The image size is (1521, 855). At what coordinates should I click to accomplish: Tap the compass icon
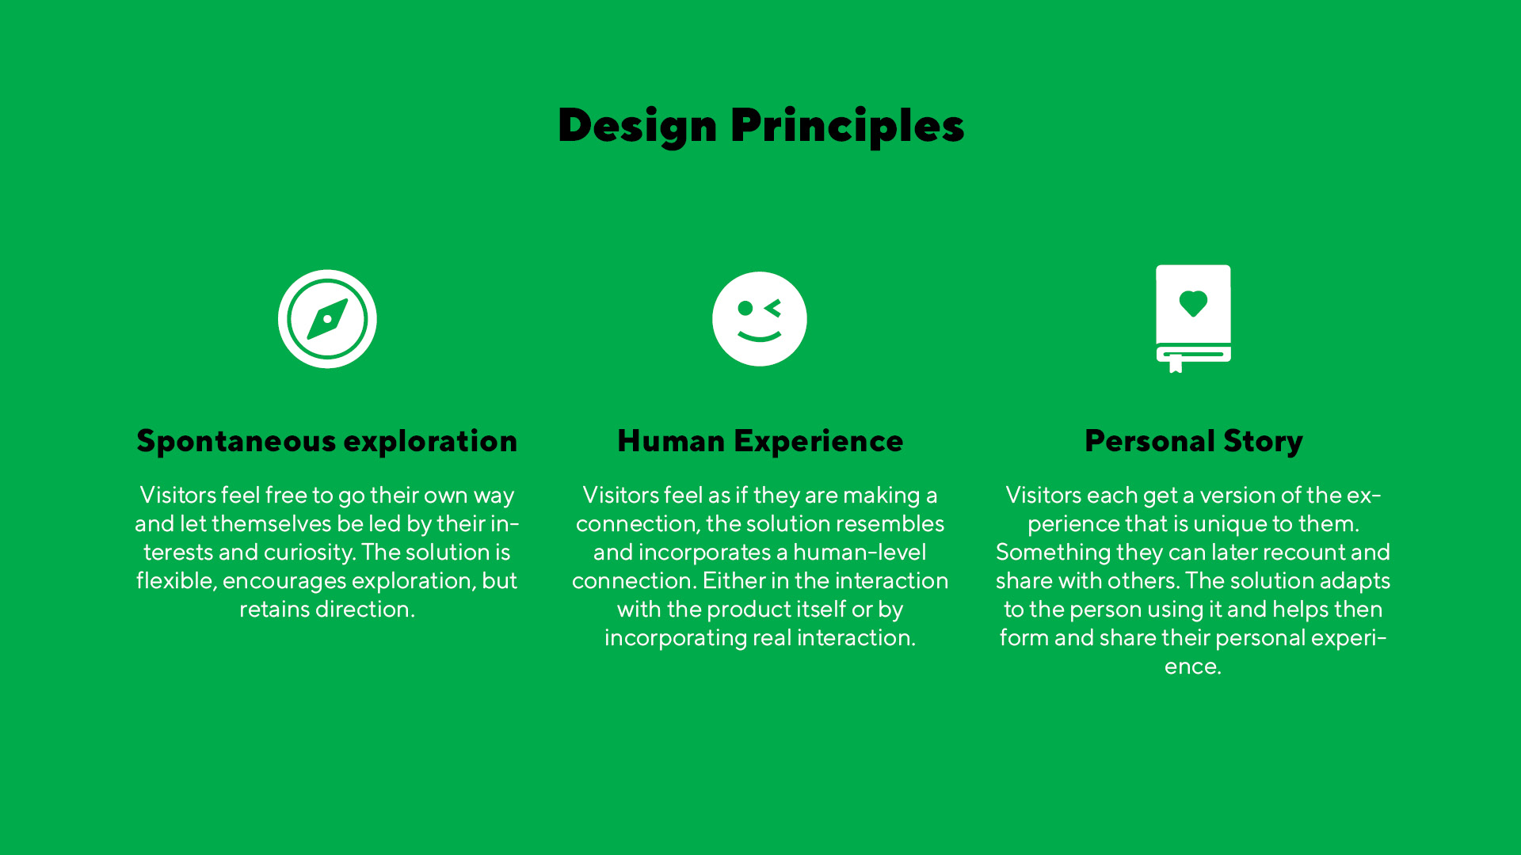pos(327,319)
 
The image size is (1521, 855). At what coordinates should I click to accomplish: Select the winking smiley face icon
pos(760,319)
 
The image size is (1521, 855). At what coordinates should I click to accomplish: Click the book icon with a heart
pos(1193,318)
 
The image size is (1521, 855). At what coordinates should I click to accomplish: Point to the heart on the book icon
pos(1193,303)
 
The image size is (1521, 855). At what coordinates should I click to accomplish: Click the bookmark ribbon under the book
pos(1176,364)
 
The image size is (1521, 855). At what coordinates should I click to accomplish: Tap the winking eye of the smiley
pos(773,308)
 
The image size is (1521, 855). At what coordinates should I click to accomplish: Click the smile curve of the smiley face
pos(760,336)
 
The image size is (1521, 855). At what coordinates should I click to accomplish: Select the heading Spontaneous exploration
pos(327,441)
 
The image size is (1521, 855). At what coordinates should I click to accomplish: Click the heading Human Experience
pos(760,441)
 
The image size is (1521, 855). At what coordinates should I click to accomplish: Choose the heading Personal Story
pos(1194,441)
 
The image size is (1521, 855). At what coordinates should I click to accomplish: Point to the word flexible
pos(177,581)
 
